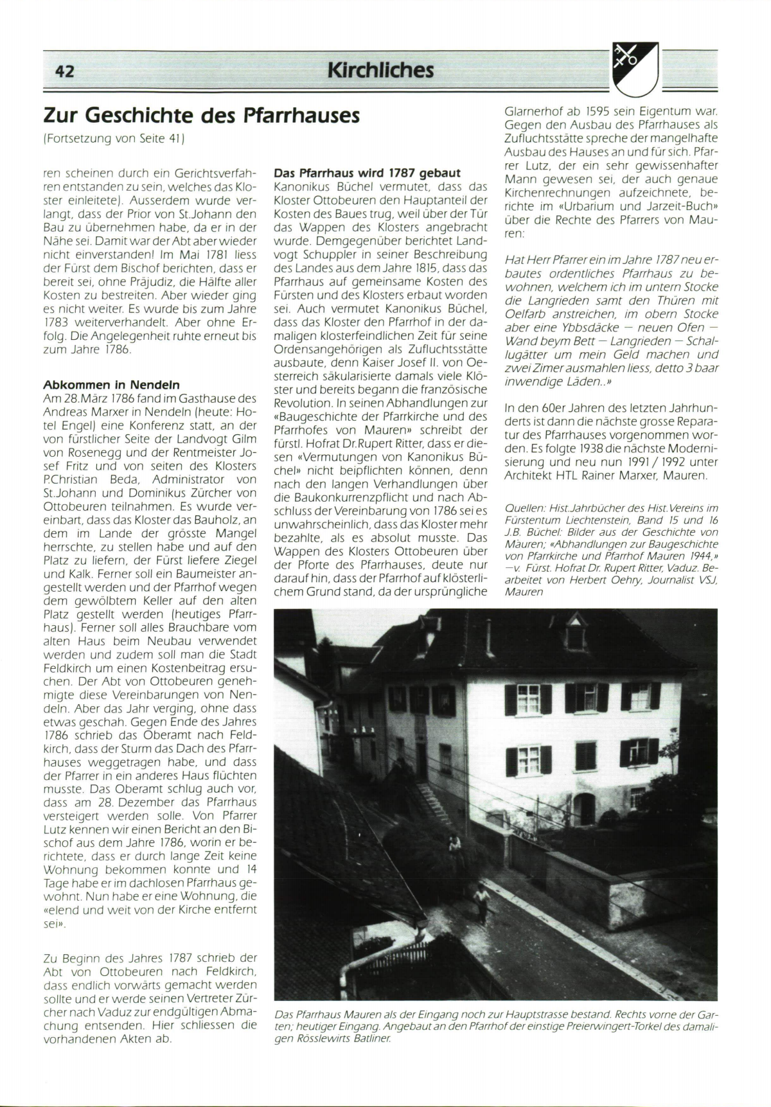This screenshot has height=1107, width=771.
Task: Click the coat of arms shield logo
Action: [x=635, y=69]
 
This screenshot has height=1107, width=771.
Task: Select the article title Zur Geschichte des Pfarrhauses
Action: [x=201, y=116]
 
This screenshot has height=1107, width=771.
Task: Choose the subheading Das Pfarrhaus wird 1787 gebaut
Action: [x=367, y=173]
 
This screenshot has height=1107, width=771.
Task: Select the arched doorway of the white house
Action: [x=584, y=808]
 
